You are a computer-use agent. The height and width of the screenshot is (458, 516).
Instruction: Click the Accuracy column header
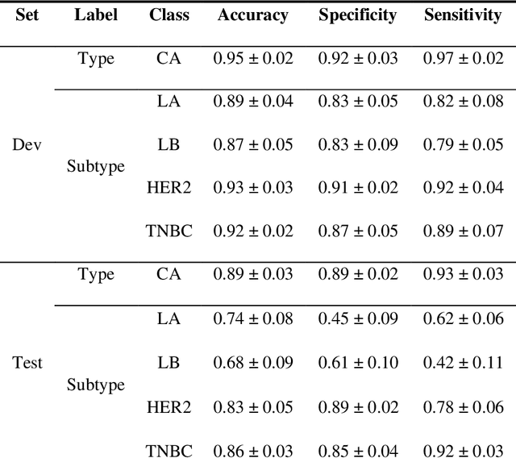pos(252,15)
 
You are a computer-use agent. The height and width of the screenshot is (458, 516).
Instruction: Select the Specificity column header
pos(357,15)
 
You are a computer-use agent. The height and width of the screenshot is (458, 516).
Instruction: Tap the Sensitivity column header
pos(463,15)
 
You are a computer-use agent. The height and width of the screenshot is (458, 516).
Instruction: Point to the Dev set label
pos(27,145)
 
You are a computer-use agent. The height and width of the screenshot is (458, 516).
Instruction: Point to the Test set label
pos(27,362)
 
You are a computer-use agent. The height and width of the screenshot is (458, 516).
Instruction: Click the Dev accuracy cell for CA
pos(252,59)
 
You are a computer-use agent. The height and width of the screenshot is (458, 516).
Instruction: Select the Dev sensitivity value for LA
pos(463,102)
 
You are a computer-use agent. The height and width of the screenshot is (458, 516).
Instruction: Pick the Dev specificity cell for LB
pos(357,145)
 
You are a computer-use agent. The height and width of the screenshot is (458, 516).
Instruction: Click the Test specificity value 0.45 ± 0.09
pos(357,319)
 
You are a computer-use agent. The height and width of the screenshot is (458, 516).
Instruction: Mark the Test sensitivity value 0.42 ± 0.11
pos(463,362)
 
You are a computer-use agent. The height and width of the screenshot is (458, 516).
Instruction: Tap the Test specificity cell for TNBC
pos(357,448)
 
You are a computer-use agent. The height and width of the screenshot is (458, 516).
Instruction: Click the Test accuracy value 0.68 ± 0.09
pos(252,362)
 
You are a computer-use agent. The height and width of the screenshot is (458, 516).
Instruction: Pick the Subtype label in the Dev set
pos(96,167)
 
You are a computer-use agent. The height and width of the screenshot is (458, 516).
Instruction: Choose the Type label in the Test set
pos(96,275)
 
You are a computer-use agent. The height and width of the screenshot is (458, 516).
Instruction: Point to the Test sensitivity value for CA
pos(463,275)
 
